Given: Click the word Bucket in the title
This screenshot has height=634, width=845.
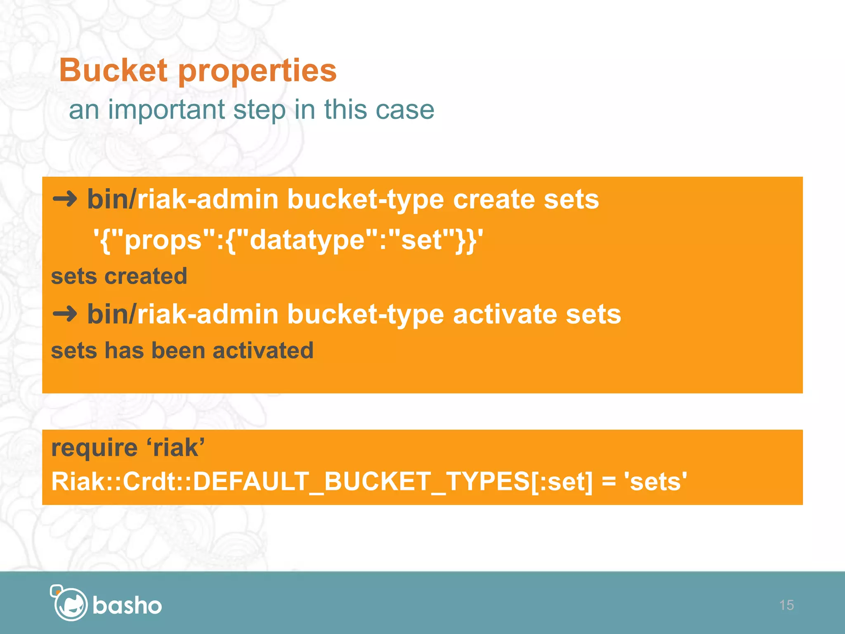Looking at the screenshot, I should click(113, 70).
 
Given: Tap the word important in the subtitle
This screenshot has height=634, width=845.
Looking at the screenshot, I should click(167, 110).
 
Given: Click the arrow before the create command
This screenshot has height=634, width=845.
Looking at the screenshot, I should click(65, 199).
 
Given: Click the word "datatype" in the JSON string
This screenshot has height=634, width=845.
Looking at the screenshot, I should click(307, 240).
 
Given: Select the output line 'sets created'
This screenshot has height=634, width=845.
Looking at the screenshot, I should click(119, 276).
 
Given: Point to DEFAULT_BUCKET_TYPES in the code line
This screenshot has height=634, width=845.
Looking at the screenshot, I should click(361, 482).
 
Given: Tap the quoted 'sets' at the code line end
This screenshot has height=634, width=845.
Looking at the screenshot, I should click(656, 482).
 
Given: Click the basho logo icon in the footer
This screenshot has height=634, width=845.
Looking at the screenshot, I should click(69, 603).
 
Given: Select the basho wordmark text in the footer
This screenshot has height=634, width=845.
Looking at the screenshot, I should click(127, 606).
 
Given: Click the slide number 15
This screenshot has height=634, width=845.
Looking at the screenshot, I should click(786, 605).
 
